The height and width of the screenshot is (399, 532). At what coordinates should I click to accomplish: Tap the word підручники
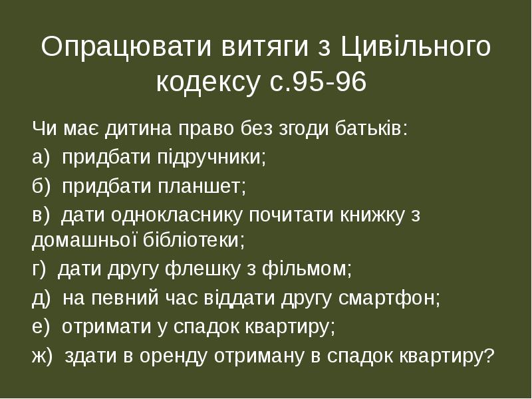pos(211,158)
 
